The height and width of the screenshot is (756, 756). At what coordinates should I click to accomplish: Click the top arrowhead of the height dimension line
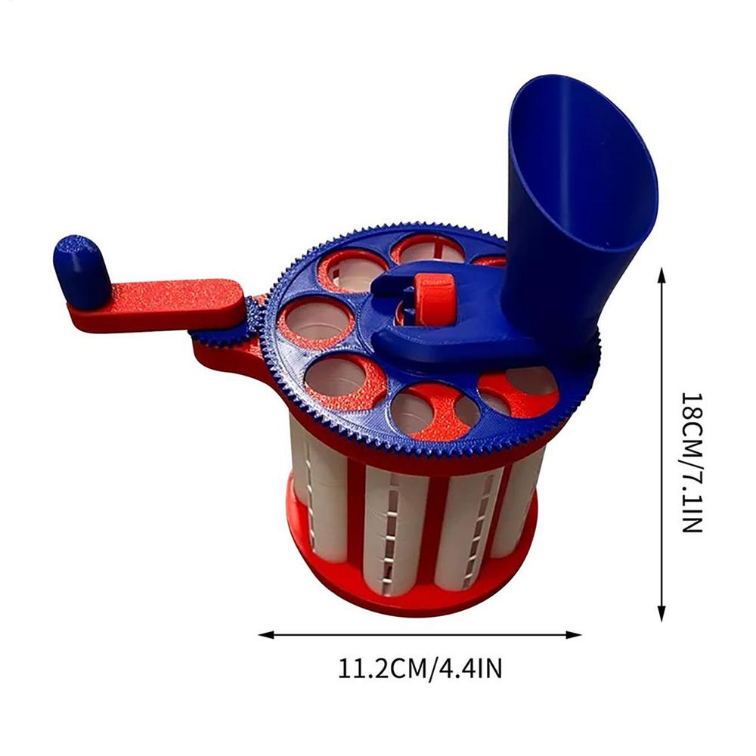point(662,274)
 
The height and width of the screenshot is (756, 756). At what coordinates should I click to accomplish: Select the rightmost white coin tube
point(521,491)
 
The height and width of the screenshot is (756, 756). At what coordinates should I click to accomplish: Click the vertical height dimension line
point(662,454)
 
